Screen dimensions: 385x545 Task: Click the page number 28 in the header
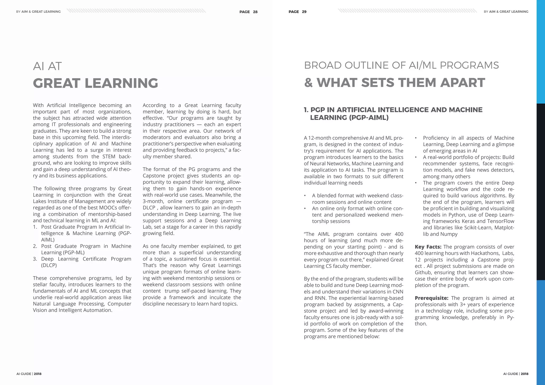pyautogui.click(x=255, y=12)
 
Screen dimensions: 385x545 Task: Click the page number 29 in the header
pyautogui.click(x=304, y=12)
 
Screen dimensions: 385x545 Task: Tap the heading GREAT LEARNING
pyautogui.click(x=95, y=83)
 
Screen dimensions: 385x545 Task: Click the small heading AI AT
pyautogui.click(x=47, y=66)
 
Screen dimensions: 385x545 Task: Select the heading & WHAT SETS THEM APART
pyautogui.click(x=394, y=83)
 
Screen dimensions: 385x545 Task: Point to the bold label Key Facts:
pyautogui.click(x=428, y=247)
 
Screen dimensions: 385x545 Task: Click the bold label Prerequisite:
pyautogui.click(x=431, y=298)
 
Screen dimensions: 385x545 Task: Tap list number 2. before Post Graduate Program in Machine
pyautogui.click(x=35, y=246)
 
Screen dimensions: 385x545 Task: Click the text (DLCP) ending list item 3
pyautogui.click(x=49, y=265)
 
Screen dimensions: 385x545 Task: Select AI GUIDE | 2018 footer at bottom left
pyautogui.click(x=29, y=374)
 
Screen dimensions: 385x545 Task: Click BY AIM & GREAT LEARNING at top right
pyautogui.click(x=506, y=12)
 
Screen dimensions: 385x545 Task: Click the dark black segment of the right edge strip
pyautogui.click(x=540, y=191)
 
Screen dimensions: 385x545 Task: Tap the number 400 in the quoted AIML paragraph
pyautogui.click(x=399, y=234)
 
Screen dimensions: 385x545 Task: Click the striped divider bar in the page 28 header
pyautogui.click(x=136, y=11)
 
